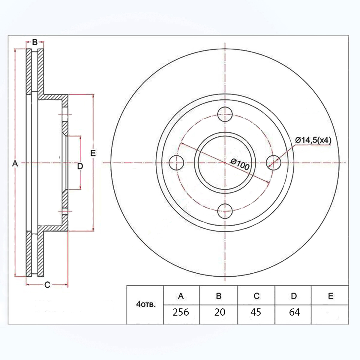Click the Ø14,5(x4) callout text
pyautogui.click(x=313, y=140)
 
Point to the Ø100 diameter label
pyautogui.click(x=240, y=164)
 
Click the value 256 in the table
pyautogui.click(x=181, y=312)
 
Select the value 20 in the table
pyautogui.click(x=220, y=312)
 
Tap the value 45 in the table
pyautogui.click(x=256, y=312)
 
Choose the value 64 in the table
pyautogui.click(x=294, y=312)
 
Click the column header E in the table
pyautogui.click(x=331, y=296)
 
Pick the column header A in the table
pyautogui.click(x=181, y=296)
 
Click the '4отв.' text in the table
pyautogui.click(x=146, y=304)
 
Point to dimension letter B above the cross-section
pyautogui.click(x=35, y=42)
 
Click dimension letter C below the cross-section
pyautogui.click(x=47, y=285)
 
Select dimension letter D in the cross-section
pyautogui.click(x=80, y=166)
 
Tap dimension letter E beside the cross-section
pyautogui.click(x=93, y=153)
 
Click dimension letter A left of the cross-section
pyautogui.click(x=15, y=163)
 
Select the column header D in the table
pyautogui.click(x=294, y=296)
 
